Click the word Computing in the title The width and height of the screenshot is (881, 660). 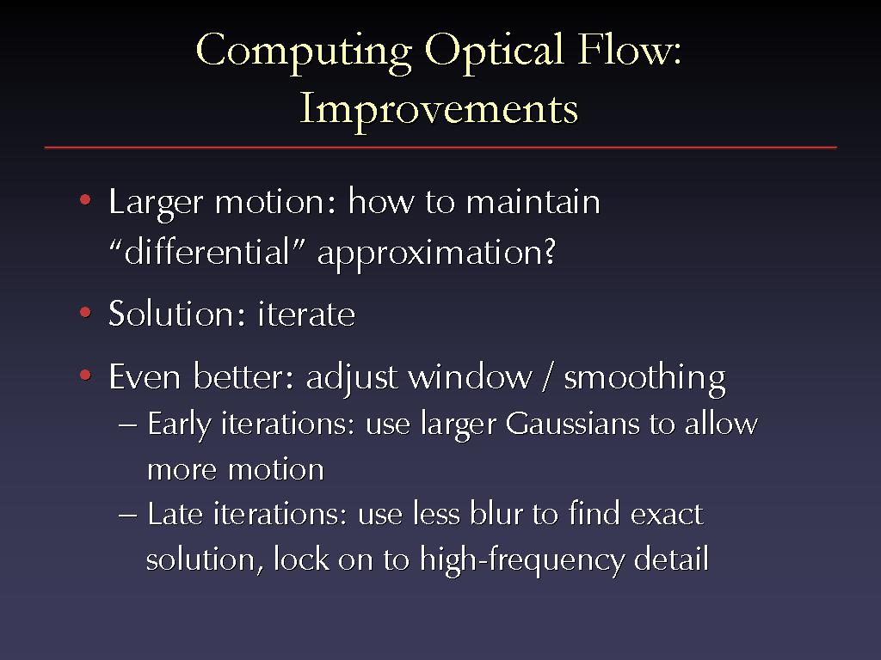(304, 52)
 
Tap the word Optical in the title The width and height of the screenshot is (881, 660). (494, 52)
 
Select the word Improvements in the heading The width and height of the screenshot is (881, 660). (439, 110)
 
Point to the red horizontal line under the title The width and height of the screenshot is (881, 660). (440, 148)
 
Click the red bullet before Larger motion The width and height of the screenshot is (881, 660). (85, 199)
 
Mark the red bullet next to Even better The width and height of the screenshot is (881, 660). (85, 375)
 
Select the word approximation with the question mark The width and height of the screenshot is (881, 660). (436, 254)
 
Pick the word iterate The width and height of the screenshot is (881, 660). (306, 314)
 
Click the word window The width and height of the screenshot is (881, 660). (470, 376)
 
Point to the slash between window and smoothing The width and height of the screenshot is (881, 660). (547, 376)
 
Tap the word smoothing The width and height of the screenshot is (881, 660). (644, 379)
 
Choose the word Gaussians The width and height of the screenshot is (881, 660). (572, 425)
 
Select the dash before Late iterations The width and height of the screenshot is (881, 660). (127, 516)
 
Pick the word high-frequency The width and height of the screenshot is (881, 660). (522, 561)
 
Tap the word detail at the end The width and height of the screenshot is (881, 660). (671, 559)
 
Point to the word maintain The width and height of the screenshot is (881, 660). (533, 201)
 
